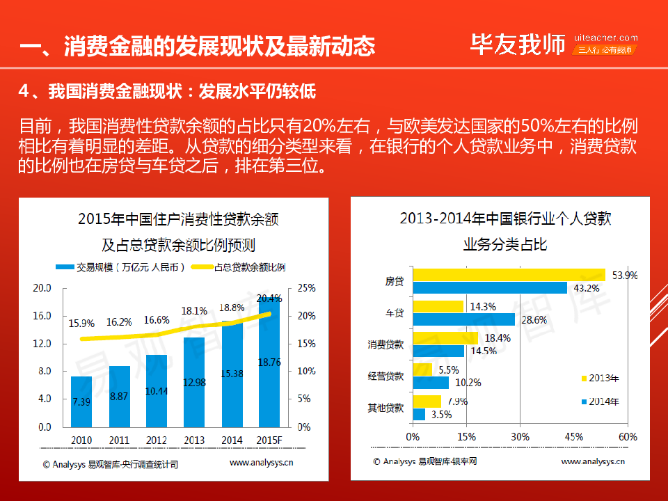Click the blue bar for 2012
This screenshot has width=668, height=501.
pos(157,390)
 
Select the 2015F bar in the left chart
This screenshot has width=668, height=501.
pos(269,362)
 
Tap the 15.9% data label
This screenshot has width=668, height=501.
pos(81,324)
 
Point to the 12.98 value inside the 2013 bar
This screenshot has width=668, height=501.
pos(194,381)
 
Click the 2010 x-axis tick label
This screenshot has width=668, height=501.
pos(81,440)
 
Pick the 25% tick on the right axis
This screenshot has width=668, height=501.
pos(307,288)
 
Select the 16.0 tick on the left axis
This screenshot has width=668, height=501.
pos(42,316)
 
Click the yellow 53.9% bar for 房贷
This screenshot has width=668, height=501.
pos(509,275)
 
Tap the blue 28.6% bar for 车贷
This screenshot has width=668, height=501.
pos(463,319)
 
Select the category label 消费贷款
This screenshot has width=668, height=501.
pos(385,344)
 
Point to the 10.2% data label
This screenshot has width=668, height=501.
pos(468,383)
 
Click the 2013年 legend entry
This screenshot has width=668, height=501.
pos(599,379)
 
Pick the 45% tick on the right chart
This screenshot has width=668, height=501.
pos(574,437)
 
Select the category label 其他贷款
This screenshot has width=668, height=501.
pos(385,408)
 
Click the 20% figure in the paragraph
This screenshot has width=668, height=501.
pos(319,127)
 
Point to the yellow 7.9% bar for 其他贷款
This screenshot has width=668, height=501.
pos(427,401)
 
